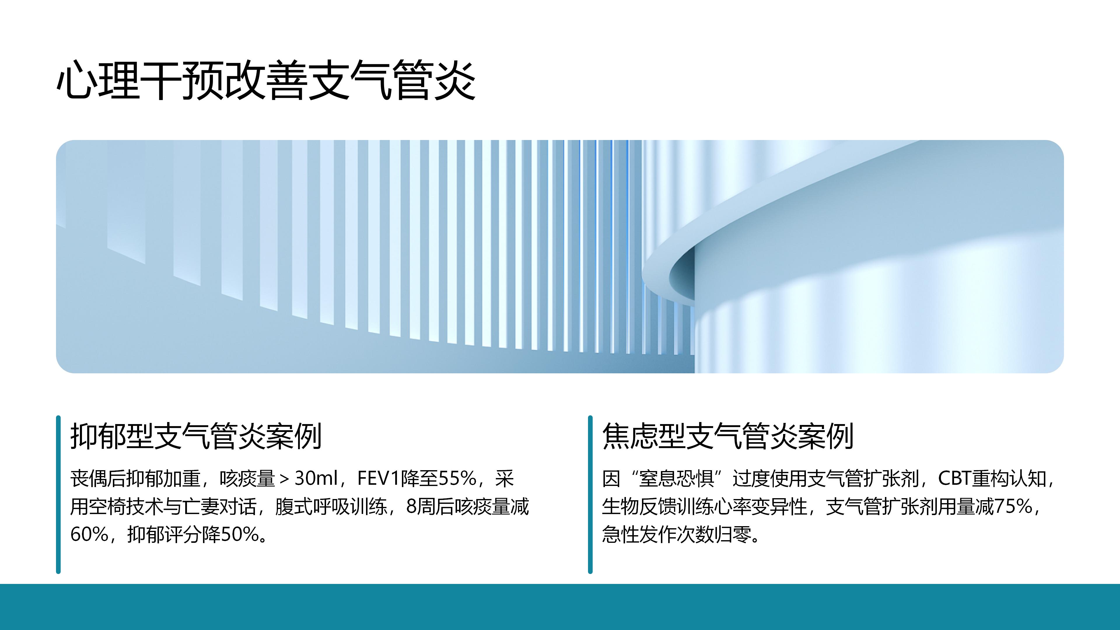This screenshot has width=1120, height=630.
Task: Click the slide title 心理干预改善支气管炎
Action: point(266,80)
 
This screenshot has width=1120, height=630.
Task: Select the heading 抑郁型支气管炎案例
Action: point(196,436)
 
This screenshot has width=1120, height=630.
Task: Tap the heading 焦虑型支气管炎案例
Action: point(728,436)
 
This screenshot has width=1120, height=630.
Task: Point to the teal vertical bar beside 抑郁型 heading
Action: point(58,494)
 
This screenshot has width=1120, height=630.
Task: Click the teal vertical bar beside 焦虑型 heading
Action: point(590,494)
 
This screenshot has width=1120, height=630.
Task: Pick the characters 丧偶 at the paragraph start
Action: point(89,479)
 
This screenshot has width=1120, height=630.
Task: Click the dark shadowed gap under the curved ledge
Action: point(682,274)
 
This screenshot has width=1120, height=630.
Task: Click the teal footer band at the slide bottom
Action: point(560,607)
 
